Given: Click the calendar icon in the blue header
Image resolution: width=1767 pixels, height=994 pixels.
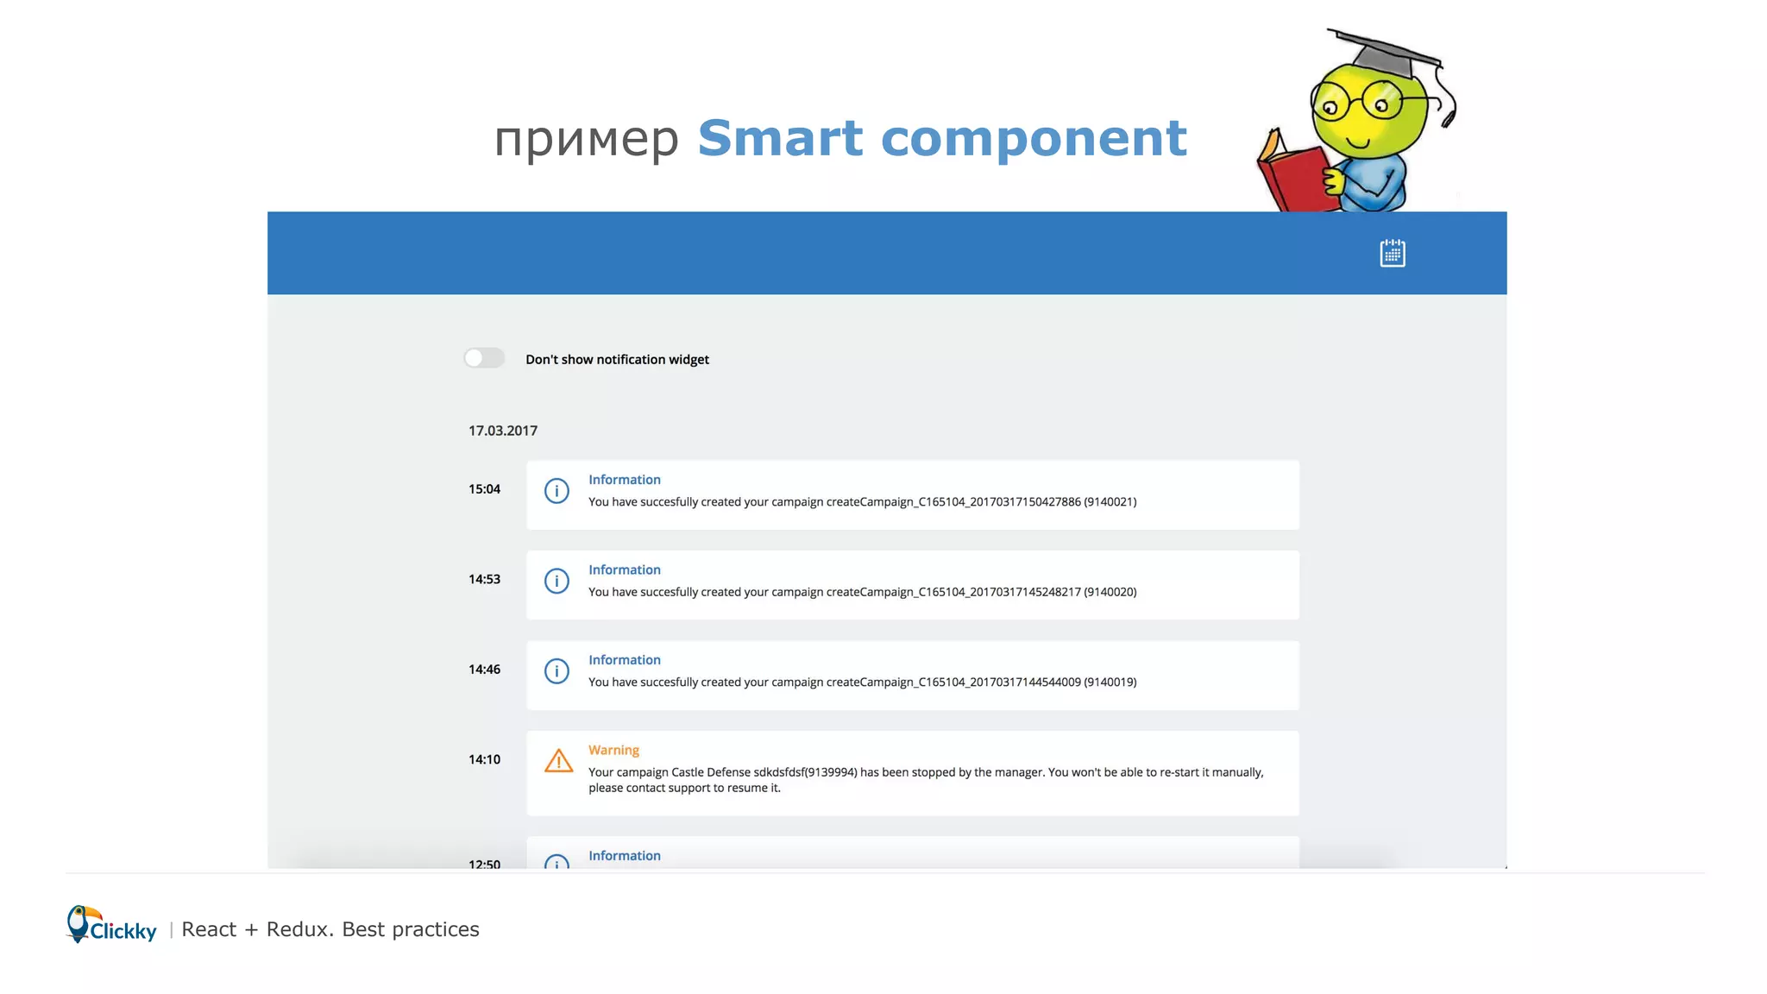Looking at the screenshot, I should click(x=1392, y=254).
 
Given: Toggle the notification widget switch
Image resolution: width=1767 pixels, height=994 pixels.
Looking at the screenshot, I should click(x=484, y=358).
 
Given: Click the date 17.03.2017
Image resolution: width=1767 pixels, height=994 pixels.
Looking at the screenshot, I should click(x=503, y=431).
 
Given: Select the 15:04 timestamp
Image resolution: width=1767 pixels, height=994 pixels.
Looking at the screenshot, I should click(x=484, y=489).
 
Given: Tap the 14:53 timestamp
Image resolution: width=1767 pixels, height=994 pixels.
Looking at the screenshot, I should click(x=484, y=579).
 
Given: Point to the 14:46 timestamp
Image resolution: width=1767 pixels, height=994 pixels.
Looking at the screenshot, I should click(x=484, y=670).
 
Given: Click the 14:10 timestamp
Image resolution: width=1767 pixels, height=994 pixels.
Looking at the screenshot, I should click(x=484, y=759).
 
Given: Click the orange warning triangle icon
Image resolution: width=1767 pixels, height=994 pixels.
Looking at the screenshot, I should click(x=558, y=761).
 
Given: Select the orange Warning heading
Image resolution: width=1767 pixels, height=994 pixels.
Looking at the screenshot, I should click(x=613, y=750).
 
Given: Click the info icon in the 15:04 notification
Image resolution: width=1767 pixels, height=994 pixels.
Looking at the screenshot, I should click(x=557, y=491).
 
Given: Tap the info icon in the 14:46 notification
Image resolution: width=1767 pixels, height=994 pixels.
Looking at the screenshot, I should click(x=557, y=671).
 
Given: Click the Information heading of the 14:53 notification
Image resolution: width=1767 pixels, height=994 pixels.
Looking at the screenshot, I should click(x=624, y=569).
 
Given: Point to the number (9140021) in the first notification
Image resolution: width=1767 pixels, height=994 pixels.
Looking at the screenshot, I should click(x=1110, y=502).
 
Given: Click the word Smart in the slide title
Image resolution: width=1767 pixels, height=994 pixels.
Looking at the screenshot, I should click(x=780, y=138).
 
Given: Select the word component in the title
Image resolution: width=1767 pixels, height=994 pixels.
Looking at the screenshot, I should click(x=1034, y=140).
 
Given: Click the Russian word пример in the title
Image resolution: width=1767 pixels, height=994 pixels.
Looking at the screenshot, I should click(x=587, y=140).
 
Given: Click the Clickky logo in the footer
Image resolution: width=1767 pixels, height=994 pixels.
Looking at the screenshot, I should click(x=112, y=926).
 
